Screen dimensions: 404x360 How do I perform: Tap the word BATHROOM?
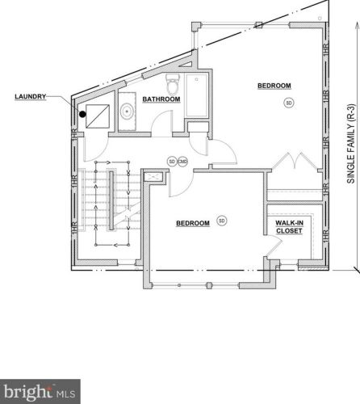click(161, 99)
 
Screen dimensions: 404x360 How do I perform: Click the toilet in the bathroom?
click(172, 83)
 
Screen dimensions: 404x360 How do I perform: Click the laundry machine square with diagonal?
click(98, 115)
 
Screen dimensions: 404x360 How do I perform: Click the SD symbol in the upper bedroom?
click(288, 102)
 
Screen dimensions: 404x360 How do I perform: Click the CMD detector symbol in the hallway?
click(182, 161)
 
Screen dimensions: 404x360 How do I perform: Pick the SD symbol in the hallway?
click(171, 161)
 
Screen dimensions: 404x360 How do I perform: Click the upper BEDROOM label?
click(274, 85)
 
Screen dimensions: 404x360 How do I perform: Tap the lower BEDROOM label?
click(194, 223)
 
